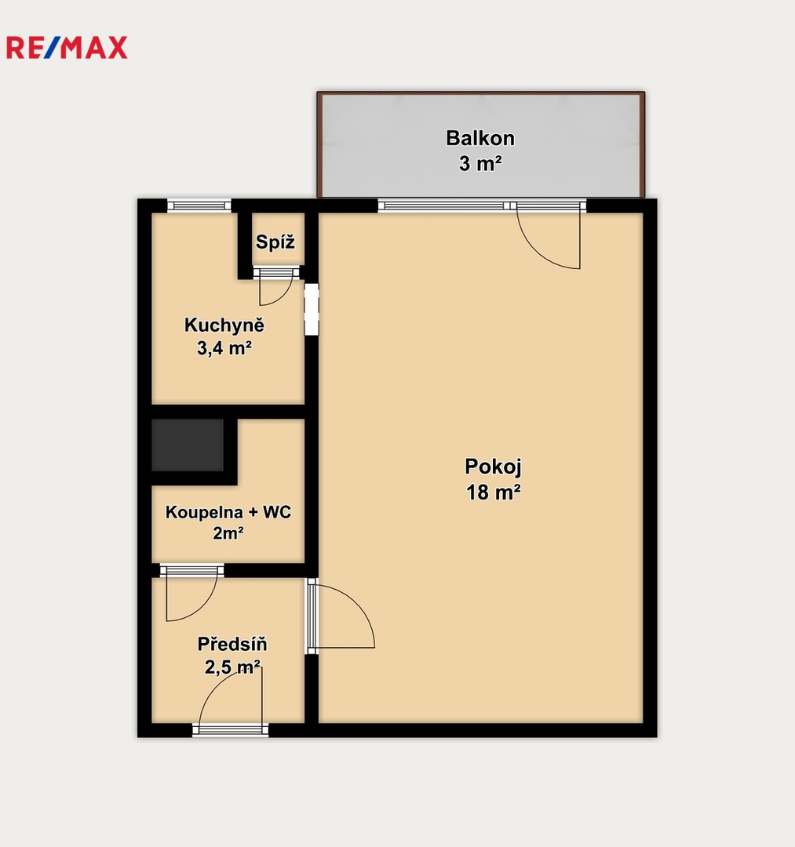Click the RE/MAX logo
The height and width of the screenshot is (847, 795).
pyautogui.click(x=67, y=48)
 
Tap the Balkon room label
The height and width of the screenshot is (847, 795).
pyautogui.click(x=480, y=138)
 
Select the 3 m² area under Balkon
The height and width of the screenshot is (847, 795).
pyautogui.click(x=480, y=163)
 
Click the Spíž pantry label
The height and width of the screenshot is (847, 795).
pyautogui.click(x=275, y=242)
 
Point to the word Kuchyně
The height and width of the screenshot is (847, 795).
pyautogui.click(x=224, y=325)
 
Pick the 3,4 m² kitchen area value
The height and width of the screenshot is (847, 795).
pyautogui.click(x=224, y=348)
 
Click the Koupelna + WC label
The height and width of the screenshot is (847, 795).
pyautogui.click(x=228, y=512)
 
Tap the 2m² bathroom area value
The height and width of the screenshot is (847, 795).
pyautogui.click(x=228, y=534)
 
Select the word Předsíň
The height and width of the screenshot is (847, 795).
pyautogui.click(x=232, y=644)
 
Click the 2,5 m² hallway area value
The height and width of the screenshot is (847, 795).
pyautogui.click(x=232, y=667)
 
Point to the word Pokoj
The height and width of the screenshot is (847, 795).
pyautogui.click(x=493, y=467)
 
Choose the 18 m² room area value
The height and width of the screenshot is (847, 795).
pyautogui.click(x=494, y=492)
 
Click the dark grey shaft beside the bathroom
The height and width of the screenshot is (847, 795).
pyautogui.click(x=187, y=445)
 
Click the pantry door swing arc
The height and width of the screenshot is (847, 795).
pyautogui.click(x=281, y=298)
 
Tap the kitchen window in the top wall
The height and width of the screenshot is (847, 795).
pyautogui.click(x=199, y=205)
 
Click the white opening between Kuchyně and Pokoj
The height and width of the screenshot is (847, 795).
pyautogui.click(x=312, y=310)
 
